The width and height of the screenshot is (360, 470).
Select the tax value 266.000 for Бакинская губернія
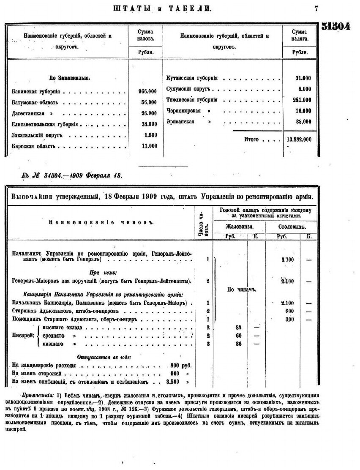(x=147, y=91)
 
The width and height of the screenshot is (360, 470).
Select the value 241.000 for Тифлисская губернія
(x=301, y=100)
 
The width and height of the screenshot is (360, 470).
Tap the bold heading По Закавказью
(x=69, y=78)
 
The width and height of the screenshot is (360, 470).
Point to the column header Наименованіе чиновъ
(x=100, y=221)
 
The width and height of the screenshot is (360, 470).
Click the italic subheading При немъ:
(x=100, y=273)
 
